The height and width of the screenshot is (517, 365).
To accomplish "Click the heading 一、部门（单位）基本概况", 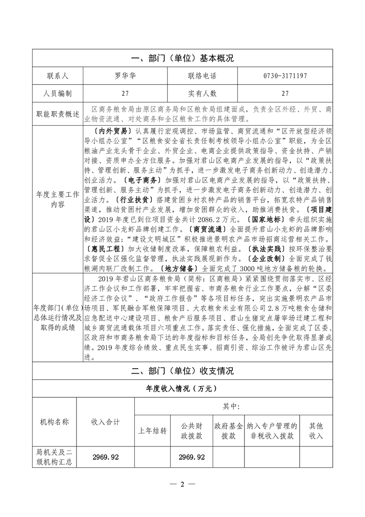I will point(182,59).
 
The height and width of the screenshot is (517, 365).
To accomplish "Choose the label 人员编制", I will point(58,94).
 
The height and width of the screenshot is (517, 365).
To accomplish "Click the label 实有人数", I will point(202,94).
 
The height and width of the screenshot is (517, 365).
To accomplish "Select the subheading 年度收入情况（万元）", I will point(182,388).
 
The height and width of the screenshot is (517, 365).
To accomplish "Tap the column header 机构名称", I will point(55,421).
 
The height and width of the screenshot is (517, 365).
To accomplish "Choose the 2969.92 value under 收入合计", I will point(105,457).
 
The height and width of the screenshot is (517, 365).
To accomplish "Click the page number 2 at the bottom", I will point(182,484).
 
